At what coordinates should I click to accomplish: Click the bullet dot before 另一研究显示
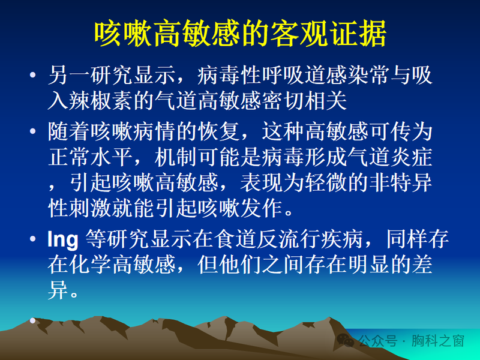click(32, 77)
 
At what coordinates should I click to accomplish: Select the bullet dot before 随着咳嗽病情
click(32, 131)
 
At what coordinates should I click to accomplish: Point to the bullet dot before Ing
click(32, 240)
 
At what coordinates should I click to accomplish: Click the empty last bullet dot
click(32, 320)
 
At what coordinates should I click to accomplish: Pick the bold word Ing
click(62, 240)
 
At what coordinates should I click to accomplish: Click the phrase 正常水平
click(90, 157)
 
